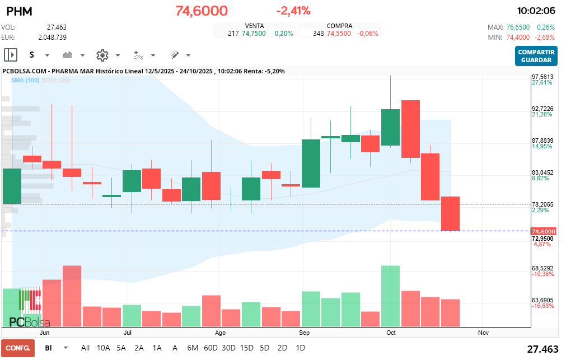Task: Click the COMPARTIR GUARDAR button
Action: click(536, 56)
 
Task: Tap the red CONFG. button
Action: click(18, 348)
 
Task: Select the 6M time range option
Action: click(193, 348)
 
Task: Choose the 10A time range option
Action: click(104, 348)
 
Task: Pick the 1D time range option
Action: click(300, 348)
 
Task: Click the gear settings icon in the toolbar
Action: click(102, 55)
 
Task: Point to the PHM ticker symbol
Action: click(19, 11)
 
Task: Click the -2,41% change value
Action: click(293, 11)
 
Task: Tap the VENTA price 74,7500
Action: click(254, 34)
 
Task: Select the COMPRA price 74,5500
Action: click(339, 34)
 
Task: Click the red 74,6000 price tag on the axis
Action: click(543, 231)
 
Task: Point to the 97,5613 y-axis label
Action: click(542, 77)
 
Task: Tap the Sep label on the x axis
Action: click(305, 333)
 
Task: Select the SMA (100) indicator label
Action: click(25, 81)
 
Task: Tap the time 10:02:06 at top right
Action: click(536, 11)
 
